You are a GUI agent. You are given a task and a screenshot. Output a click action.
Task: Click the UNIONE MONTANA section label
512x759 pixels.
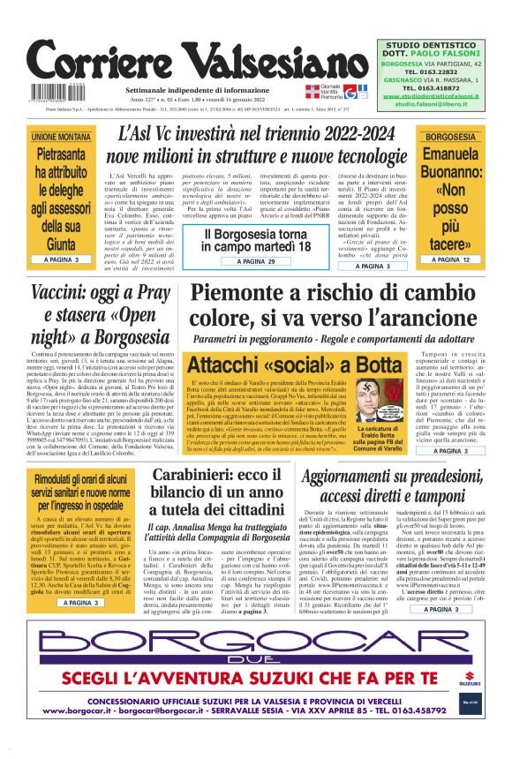point(61,138)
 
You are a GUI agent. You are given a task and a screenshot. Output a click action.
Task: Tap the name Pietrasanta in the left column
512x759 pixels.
point(61,155)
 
